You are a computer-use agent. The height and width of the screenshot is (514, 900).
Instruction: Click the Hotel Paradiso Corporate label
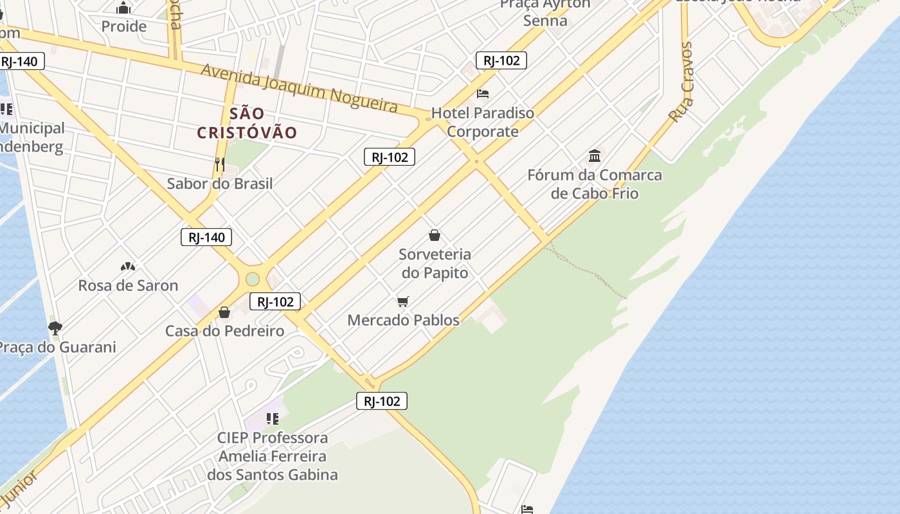coord(483,122)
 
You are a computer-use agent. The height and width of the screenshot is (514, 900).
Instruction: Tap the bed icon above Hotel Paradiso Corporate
coord(483,94)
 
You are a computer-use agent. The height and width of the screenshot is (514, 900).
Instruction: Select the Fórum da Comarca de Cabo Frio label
coord(595,184)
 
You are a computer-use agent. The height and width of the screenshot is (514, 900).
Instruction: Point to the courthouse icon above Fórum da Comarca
coord(595,155)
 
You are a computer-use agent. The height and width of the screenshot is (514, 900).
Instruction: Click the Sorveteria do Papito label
coord(435,263)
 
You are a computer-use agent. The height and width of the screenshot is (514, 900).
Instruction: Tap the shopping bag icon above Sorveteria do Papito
coord(435,235)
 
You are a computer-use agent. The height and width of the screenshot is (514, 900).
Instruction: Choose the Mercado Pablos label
coord(403,320)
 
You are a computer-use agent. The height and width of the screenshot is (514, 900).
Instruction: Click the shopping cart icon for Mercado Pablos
coord(403,301)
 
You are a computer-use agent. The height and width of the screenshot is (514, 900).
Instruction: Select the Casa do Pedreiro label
coord(224,331)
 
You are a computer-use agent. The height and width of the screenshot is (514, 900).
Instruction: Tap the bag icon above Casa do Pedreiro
coord(224,312)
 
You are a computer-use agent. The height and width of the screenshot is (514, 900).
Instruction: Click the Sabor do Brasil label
coord(220,184)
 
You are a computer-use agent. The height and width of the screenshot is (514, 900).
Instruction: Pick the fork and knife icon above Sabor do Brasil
coord(220,164)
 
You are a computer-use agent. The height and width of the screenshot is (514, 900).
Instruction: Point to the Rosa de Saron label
coord(128,285)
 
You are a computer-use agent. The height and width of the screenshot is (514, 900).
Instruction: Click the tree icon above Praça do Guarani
coord(55,328)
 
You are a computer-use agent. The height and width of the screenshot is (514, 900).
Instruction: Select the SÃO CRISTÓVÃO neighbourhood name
coord(247,123)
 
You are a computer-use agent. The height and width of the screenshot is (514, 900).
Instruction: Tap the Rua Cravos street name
coord(681,82)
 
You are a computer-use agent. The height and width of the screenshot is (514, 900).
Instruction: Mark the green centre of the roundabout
coord(252,279)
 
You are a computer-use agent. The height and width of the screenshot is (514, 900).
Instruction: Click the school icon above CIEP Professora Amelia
coord(273,419)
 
